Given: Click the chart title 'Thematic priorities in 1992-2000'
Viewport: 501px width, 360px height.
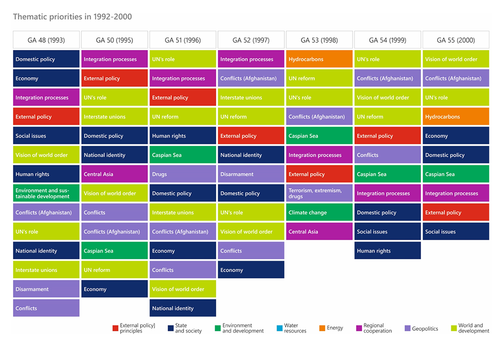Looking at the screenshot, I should [x=72, y=17].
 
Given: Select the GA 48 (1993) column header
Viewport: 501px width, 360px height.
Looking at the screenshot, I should [x=46, y=40].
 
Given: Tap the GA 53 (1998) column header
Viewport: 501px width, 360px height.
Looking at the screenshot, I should [x=319, y=40].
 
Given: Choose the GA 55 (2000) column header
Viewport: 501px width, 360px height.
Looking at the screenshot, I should [x=456, y=40].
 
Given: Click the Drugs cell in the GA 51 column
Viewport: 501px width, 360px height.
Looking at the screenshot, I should [x=183, y=174].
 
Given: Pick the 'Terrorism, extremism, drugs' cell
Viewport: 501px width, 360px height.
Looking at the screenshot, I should [x=319, y=193].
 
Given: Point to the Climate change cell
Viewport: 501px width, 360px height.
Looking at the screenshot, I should [x=319, y=213].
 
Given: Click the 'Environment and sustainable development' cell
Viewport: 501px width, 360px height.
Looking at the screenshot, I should [x=46, y=193].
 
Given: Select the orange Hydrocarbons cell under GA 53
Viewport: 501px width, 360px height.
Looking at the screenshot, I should [x=319, y=59].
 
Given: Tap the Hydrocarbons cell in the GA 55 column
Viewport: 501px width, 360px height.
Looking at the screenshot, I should [x=456, y=117].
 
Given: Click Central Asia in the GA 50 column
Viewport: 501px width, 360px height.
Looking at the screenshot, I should [x=114, y=174].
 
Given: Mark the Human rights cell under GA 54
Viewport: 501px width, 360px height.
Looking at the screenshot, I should [x=388, y=251].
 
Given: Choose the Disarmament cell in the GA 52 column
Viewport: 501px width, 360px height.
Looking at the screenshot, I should [x=251, y=174].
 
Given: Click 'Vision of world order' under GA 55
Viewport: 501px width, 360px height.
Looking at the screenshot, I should [x=456, y=59].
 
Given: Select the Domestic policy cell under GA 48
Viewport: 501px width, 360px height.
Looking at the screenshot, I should [x=46, y=59].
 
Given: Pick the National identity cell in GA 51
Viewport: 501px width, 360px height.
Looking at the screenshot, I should [x=183, y=308].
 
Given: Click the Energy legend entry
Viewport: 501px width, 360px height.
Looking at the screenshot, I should [x=331, y=328].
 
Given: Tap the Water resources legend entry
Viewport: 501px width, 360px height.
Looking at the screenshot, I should [x=291, y=328].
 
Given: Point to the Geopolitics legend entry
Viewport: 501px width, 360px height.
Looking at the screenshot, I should [x=421, y=329].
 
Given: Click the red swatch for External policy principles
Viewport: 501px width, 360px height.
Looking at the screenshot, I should [x=115, y=328].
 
